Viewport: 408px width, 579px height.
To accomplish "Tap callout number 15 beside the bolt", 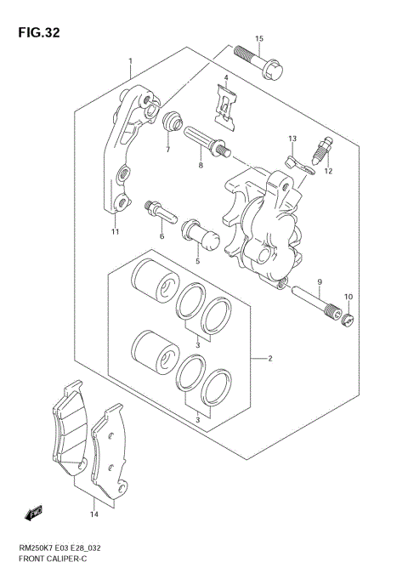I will pyautogui.click(x=260, y=39).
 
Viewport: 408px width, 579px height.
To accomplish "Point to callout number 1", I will pyautogui.click(x=130, y=62).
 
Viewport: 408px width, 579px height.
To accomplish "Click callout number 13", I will pyautogui.click(x=292, y=138).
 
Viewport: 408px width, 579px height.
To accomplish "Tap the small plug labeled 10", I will pyautogui.click(x=346, y=319).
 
